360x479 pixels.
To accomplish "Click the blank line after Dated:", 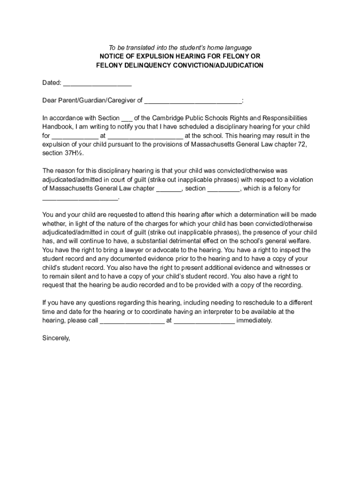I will pos(97,83).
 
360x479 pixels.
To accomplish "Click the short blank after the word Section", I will pos(127,118).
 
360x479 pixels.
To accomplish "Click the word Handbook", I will pos(58,127).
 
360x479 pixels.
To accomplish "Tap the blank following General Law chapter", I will pos(168,189).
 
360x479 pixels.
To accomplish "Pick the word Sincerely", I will pos(56,338).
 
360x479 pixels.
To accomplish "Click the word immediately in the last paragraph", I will pos(254,320).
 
